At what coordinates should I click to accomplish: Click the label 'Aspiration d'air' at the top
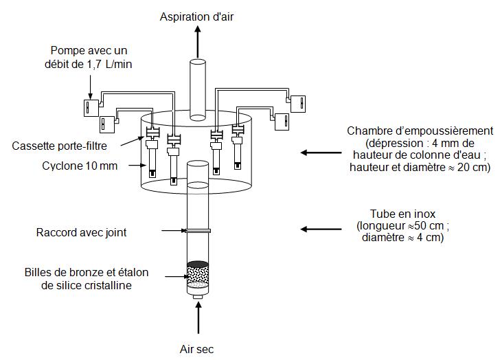point(197,16)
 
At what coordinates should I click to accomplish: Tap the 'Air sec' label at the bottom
point(198,349)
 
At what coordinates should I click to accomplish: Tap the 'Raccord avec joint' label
point(81,232)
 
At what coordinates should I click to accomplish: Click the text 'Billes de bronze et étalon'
point(86,273)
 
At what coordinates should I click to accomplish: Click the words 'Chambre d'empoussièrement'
point(420,131)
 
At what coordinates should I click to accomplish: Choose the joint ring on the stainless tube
point(198,232)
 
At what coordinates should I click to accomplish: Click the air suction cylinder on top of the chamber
point(198,86)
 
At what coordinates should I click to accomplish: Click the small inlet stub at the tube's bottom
point(198,297)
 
